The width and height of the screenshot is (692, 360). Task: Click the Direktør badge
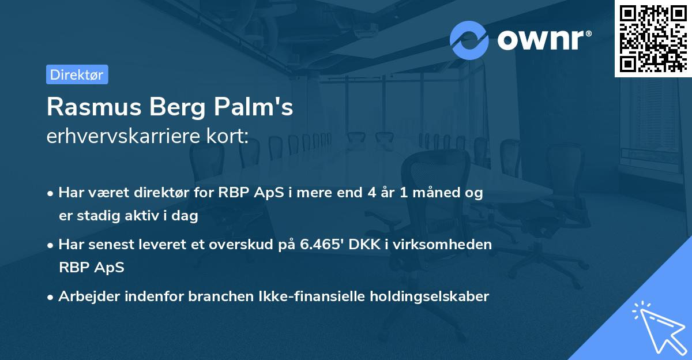click(77, 74)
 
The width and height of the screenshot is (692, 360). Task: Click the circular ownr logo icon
click(469, 40)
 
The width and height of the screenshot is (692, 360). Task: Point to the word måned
click(438, 193)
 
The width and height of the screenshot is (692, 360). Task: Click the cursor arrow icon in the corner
click(658, 329)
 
